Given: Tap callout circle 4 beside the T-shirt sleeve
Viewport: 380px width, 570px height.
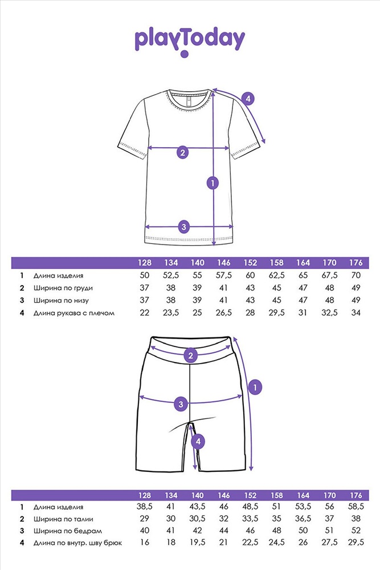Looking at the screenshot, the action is point(248,99).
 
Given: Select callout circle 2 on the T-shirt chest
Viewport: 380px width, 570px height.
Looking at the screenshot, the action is point(183,152).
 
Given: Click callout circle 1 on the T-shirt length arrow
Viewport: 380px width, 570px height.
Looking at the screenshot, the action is point(213,183).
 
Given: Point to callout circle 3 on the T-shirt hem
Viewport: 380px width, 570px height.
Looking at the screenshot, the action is point(184,227).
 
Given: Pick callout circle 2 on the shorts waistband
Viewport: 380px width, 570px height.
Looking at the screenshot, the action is point(191,356).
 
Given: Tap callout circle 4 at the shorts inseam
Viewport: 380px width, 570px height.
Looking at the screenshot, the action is point(198,442).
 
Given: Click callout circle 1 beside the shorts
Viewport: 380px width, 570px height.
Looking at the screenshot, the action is point(255,387).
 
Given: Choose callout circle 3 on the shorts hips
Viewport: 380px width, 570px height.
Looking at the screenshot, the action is point(181,404).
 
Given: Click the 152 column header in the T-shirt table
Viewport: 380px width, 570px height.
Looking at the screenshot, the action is point(250,263).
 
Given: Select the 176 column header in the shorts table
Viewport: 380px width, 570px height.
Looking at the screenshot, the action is point(356,495).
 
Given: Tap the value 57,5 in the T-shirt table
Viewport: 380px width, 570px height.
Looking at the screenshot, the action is point(224,275).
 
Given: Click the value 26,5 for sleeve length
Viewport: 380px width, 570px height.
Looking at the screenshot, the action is point(224,312).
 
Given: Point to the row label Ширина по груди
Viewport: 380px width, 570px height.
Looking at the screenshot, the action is point(63,288).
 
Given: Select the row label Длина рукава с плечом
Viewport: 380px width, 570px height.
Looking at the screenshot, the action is point(74,313).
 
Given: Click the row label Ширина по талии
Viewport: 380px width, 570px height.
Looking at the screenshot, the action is point(64,519).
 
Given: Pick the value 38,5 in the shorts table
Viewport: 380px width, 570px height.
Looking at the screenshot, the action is point(145,507).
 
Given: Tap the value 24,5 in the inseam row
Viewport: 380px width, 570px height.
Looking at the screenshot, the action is point(277,543).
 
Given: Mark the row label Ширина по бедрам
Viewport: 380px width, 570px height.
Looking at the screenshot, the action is point(68,531).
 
